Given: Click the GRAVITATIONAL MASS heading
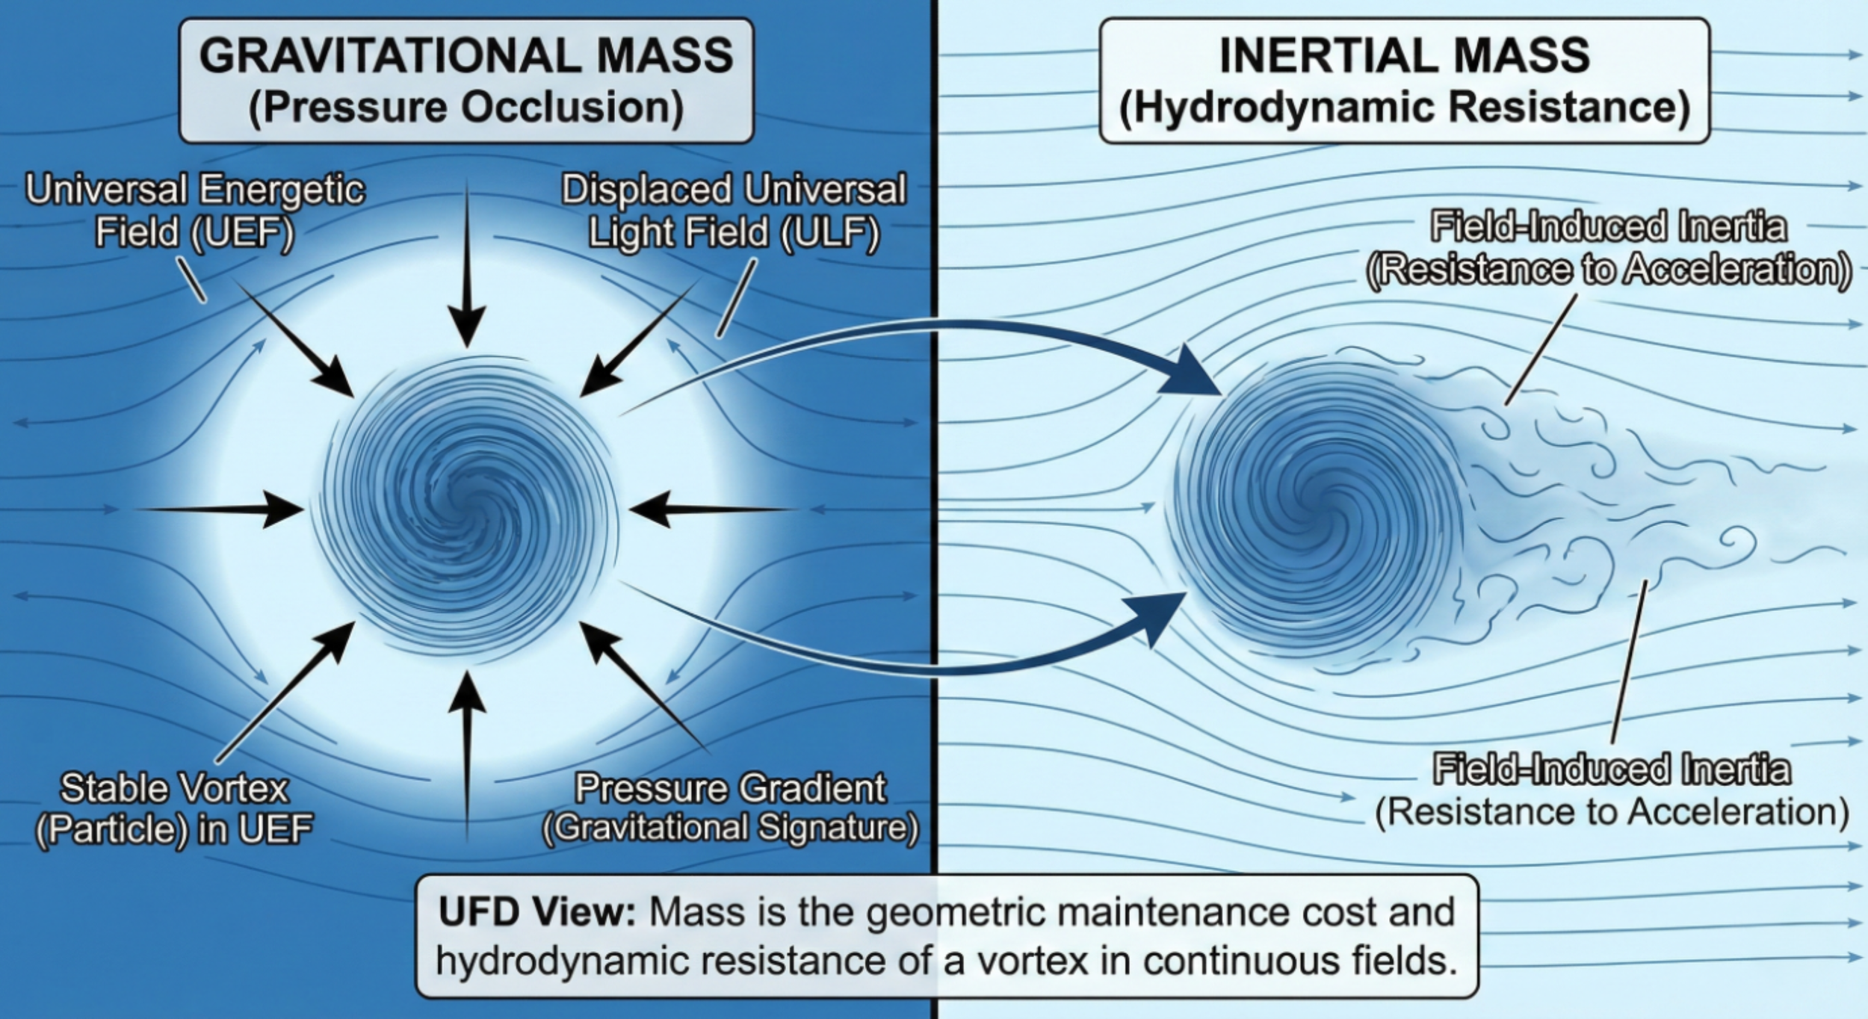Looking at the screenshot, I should [x=466, y=56].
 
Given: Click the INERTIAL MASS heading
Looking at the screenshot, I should [x=1404, y=56].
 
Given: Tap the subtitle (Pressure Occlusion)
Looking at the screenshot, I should [x=466, y=108].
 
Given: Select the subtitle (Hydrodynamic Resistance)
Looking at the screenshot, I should [x=1404, y=108].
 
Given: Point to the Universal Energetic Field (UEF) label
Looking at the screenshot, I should [x=195, y=211].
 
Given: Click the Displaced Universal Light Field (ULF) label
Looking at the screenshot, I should [x=734, y=211].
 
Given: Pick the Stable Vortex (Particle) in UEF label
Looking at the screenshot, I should [x=174, y=808].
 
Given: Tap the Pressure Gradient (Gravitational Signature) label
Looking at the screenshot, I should [x=730, y=808].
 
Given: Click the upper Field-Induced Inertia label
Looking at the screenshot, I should [x=1609, y=248].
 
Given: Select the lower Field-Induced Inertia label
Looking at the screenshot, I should [x=1612, y=790].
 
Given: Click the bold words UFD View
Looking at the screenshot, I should [x=536, y=913].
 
